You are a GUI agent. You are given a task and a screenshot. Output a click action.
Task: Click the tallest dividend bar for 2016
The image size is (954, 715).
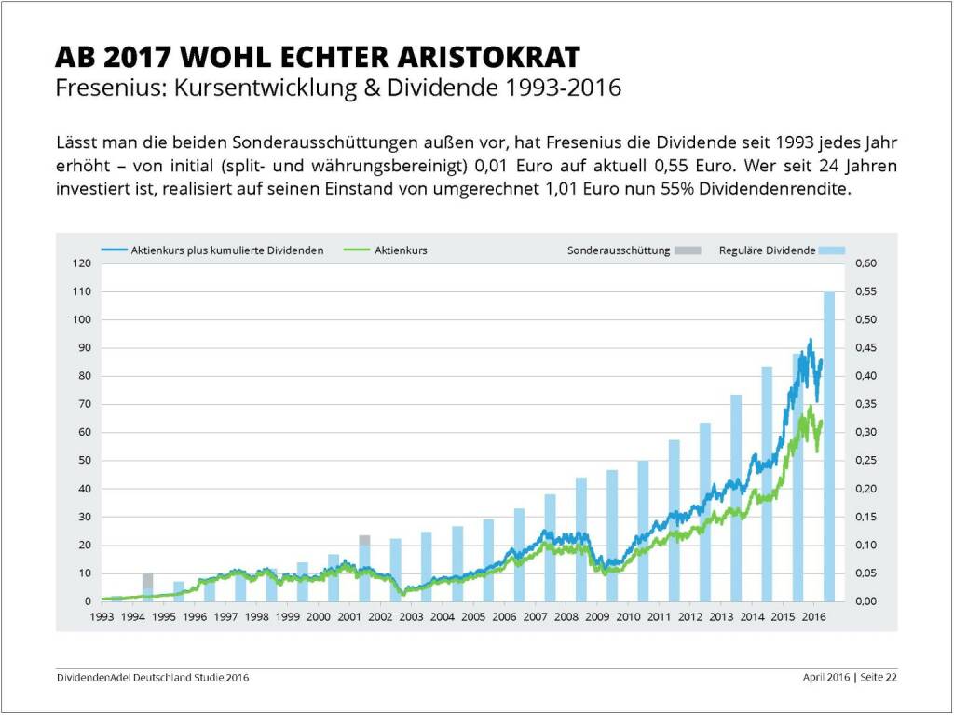tap(829, 447)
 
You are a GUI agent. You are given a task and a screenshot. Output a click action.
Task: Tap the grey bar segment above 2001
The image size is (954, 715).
tap(364, 540)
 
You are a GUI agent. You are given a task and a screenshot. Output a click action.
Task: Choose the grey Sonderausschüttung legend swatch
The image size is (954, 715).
tap(688, 250)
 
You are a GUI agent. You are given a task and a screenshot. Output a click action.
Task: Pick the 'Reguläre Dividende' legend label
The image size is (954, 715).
tap(767, 250)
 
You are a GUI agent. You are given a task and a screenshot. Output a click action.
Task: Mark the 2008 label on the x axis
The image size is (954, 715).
tap(566, 616)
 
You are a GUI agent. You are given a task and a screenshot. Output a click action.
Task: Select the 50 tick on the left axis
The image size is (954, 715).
tap(84, 461)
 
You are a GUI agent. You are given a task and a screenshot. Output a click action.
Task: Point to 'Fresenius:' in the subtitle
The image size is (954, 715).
tap(100, 88)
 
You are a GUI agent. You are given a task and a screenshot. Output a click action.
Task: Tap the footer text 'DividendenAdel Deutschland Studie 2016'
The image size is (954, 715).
tap(152, 677)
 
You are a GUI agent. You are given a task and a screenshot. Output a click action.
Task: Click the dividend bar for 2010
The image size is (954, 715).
tap(643, 531)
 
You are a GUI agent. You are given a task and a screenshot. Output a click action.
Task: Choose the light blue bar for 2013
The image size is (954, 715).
tap(736, 498)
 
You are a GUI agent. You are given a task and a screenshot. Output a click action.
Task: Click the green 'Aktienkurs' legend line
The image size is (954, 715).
tap(356, 250)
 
